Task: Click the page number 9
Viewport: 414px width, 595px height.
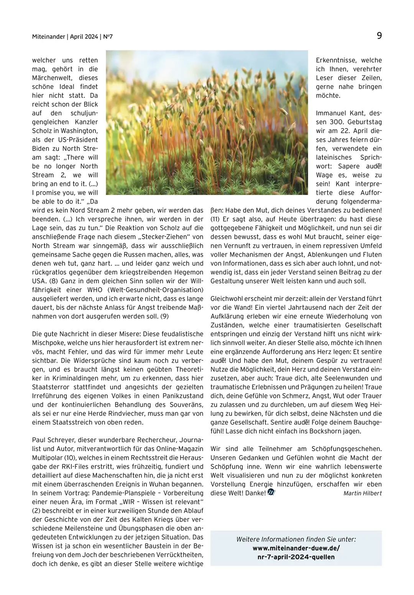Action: [379, 36]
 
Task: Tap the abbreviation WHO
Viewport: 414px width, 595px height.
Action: [95, 290]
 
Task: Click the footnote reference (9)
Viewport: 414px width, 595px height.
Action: [164, 316]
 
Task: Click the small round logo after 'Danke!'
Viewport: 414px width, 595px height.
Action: [271, 493]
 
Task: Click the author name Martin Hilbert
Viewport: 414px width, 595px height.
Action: [362, 493]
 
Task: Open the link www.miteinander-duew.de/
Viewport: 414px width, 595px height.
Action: [296, 548]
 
